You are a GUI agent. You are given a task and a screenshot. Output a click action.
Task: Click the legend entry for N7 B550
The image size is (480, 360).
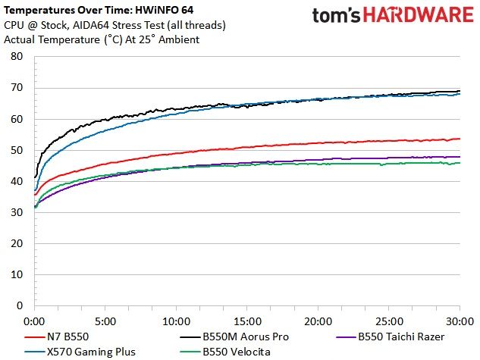point(56,337)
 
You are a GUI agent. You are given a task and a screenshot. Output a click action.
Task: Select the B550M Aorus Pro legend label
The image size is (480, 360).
point(234,337)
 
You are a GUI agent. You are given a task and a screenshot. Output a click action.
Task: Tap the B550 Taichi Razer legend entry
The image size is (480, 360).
point(390,337)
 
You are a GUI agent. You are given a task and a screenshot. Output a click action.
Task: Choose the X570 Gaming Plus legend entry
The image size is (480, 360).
point(80,352)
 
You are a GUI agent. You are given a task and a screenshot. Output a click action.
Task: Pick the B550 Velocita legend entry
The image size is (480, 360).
point(225,352)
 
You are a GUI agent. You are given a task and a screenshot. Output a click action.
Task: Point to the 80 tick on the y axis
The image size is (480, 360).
point(17,56)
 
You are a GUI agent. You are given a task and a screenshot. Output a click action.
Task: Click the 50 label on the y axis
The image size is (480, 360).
point(17,150)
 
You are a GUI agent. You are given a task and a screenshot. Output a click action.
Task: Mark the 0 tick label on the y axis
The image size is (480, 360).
point(20,305)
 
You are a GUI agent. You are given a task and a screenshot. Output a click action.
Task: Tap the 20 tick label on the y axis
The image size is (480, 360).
point(17,243)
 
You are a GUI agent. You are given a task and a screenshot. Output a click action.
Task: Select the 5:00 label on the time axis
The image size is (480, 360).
point(105,321)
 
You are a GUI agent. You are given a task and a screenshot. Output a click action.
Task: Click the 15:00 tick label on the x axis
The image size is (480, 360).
point(247,321)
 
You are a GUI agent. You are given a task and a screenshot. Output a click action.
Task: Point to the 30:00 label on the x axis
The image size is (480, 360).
point(460,321)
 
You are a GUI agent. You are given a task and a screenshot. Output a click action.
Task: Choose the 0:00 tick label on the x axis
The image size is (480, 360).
point(34,321)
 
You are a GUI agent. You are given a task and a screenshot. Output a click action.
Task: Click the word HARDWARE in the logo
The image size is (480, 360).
point(419,15)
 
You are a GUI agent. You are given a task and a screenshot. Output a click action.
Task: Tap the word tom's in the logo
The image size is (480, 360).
point(336,16)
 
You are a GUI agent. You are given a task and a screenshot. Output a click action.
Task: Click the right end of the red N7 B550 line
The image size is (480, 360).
point(460,139)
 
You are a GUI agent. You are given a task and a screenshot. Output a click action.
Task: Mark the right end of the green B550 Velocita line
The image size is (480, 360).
point(460,163)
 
